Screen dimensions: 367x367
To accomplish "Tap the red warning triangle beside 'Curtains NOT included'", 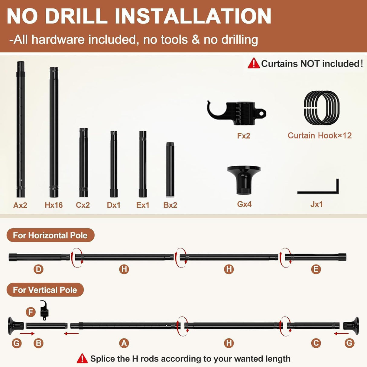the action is click(x=254, y=63).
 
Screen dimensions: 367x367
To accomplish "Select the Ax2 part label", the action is click(x=20, y=205).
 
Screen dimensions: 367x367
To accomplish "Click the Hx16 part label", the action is click(x=54, y=205).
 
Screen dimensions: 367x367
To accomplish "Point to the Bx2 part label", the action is click(x=170, y=205).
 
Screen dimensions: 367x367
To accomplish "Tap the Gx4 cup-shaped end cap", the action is click(x=244, y=180).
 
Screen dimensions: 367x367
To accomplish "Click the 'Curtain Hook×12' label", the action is click(x=320, y=136).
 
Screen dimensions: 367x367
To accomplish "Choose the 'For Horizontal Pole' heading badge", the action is click(x=50, y=235).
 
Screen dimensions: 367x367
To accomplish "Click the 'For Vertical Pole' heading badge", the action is click(x=45, y=290).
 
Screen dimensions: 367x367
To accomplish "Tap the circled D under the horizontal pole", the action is click(x=38, y=269).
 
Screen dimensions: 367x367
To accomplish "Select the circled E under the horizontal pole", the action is click(x=316, y=269).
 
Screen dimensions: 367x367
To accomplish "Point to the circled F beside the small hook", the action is click(x=31, y=312).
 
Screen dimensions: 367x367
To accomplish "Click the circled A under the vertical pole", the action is click(x=124, y=343).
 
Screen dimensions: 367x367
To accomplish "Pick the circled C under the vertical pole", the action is click(x=316, y=343).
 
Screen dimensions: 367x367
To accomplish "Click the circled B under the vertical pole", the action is click(x=38, y=343).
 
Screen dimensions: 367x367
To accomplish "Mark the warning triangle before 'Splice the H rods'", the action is click(x=82, y=359).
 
